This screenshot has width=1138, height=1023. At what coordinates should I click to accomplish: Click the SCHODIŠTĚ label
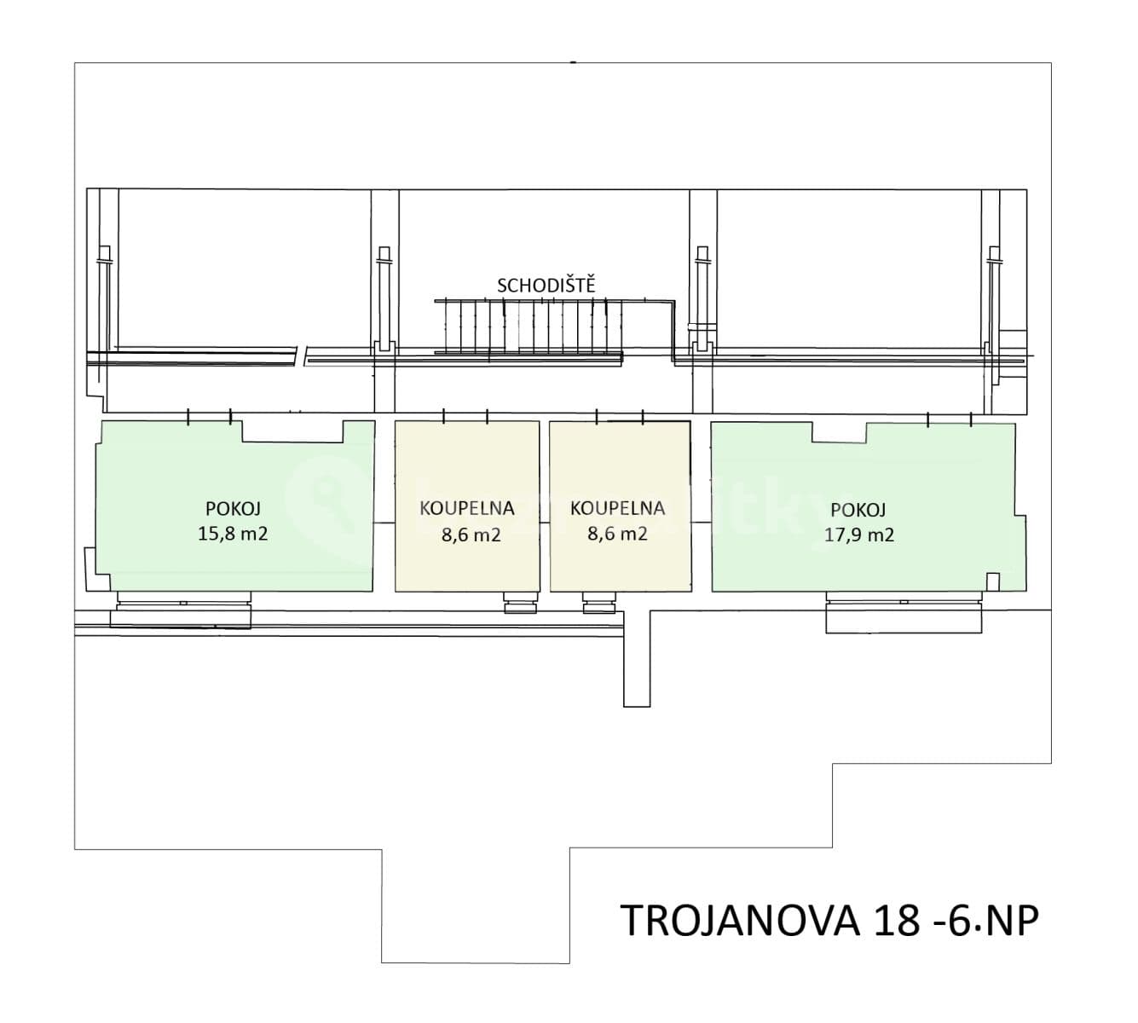point(546,285)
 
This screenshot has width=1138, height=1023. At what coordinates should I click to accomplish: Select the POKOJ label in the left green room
point(233,508)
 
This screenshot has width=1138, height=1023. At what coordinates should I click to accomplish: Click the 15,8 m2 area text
point(233,535)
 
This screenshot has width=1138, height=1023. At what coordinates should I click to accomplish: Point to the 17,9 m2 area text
point(858,535)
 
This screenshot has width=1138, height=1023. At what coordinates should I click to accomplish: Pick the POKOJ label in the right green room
point(858,510)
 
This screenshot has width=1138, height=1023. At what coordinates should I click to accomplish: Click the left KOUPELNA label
point(466,508)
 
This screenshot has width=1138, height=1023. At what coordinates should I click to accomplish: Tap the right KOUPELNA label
point(617,508)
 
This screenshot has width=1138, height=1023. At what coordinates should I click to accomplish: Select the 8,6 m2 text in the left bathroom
point(466,535)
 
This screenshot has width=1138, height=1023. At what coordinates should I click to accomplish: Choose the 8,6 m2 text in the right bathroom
point(617,535)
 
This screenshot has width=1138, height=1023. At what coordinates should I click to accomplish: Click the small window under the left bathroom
point(519,604)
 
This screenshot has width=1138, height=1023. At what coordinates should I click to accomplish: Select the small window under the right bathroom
point(598,604)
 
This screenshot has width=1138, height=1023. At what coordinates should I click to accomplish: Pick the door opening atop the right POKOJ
point(950,418)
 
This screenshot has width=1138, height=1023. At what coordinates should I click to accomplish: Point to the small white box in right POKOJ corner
point(992,581)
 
